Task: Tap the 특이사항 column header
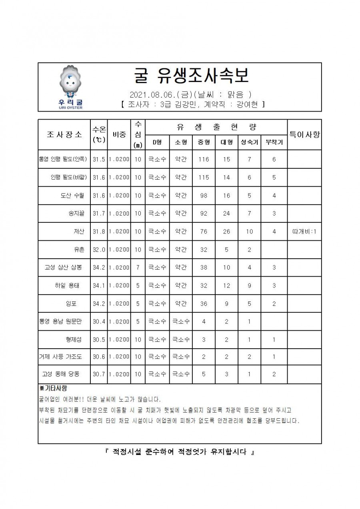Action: coord(304,134)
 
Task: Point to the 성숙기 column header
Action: coord(249,142)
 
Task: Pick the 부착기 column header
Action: coord(274,142)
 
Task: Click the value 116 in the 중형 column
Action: coord(204,159)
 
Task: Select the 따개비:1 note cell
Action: coord(304,232)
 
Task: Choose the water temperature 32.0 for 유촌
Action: coord(99,250)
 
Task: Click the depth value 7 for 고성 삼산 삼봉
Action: coord(138,267)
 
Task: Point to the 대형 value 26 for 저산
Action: coord(226,232)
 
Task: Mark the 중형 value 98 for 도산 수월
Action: coord(204,196)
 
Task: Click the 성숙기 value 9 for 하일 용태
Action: coord(249,285)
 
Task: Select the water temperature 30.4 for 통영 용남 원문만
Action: coord(99,321)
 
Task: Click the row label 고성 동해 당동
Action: coord(61,374)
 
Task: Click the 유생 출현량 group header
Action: coord(216,127)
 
